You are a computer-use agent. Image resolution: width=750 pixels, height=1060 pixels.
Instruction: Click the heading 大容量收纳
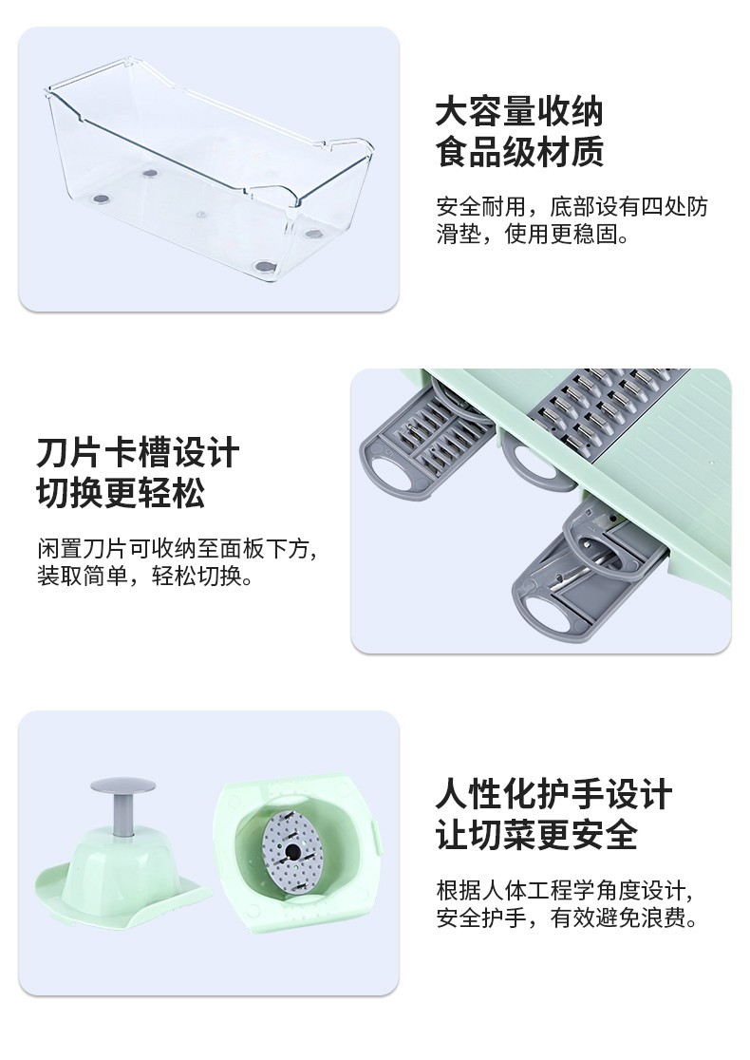pos(518,112)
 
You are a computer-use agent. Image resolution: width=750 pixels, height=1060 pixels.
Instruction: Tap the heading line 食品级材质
pos(518,152)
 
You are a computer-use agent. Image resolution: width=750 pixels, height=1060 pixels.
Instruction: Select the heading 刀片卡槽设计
pos(138,452)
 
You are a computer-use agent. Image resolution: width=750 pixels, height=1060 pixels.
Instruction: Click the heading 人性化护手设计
pos(553,794)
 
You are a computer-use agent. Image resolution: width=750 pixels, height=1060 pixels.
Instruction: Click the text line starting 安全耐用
pos(572,206)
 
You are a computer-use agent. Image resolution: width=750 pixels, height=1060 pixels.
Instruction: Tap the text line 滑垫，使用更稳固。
pos(532,234)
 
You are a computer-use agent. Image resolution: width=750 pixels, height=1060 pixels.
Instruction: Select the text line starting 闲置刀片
pos(177,548)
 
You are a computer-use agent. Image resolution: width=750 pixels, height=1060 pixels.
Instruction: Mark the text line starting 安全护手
pos(568,918)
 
